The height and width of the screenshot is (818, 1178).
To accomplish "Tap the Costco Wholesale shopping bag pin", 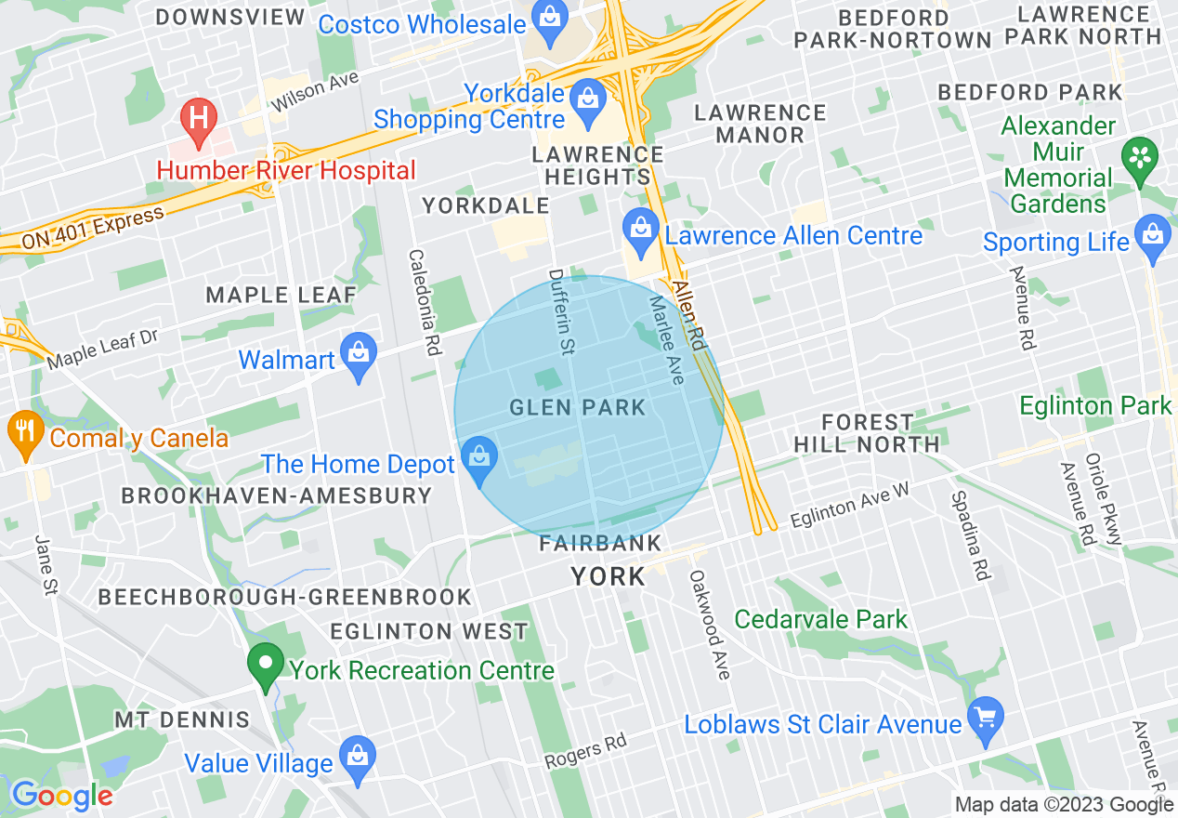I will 551,16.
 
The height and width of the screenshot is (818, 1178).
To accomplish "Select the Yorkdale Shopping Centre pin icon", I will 587,96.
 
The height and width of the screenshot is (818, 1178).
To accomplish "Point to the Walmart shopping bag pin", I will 358,355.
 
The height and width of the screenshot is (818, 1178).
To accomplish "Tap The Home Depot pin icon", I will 479,460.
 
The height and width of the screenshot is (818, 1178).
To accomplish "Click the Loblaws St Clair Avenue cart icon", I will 985,719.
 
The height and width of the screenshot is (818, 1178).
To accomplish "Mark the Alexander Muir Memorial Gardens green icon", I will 1139,155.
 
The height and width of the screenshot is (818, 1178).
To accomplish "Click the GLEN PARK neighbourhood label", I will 577,407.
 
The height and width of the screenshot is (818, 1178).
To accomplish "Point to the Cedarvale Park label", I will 820,619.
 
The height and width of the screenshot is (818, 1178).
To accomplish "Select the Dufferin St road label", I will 561,312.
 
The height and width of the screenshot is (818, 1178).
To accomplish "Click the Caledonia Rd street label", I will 424,303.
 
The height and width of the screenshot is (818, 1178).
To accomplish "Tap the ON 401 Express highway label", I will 93,227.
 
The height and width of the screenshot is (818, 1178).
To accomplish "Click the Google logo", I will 62,796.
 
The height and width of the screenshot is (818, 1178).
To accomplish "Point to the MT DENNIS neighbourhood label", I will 182,719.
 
